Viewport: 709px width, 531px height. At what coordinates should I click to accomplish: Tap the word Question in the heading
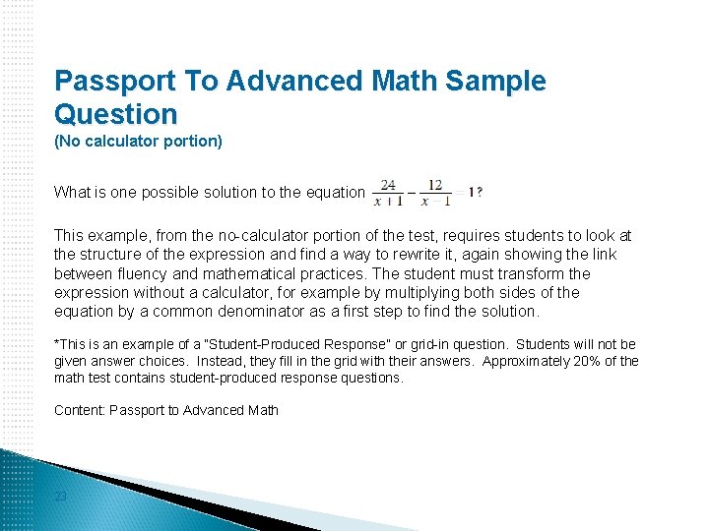click(x=116, y=113)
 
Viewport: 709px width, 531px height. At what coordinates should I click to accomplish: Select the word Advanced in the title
click(x=292, y=81)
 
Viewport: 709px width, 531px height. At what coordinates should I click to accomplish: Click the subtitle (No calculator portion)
click(x=138, y=141)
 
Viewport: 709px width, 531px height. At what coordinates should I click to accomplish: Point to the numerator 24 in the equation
click(x=389, y=184)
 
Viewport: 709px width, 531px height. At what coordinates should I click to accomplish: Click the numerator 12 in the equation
click(x=434, y=184)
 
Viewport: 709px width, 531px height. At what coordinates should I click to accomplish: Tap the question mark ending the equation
click(x=480, y=193)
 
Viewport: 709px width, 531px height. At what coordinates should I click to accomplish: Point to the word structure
click(x=111, y=255)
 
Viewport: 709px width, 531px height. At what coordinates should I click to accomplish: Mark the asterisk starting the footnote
click(x=57, y=343)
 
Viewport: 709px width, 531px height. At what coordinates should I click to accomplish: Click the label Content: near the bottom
click(x=80, y=410)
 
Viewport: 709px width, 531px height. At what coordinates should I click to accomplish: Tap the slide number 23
click(x=61, y=497)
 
